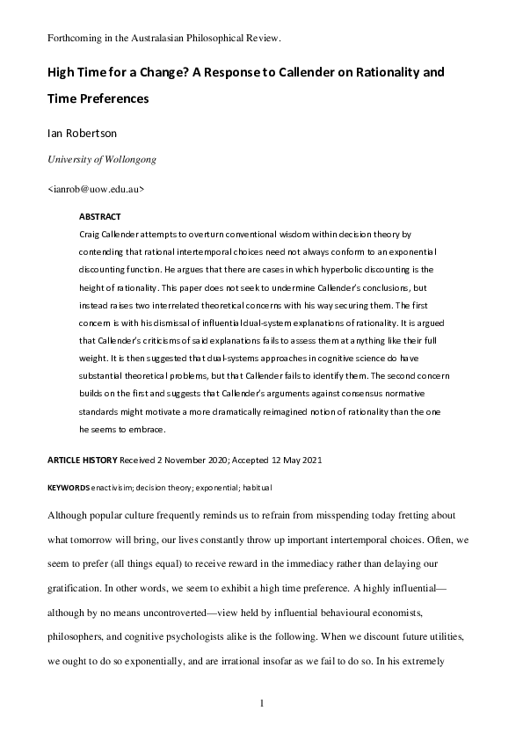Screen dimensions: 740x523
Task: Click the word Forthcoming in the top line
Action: click(74, 39)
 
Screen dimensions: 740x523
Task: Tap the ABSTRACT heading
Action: click(99, 216)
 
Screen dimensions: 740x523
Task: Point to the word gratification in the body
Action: click(75, 583)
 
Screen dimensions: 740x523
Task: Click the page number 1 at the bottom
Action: click(261, 703)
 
